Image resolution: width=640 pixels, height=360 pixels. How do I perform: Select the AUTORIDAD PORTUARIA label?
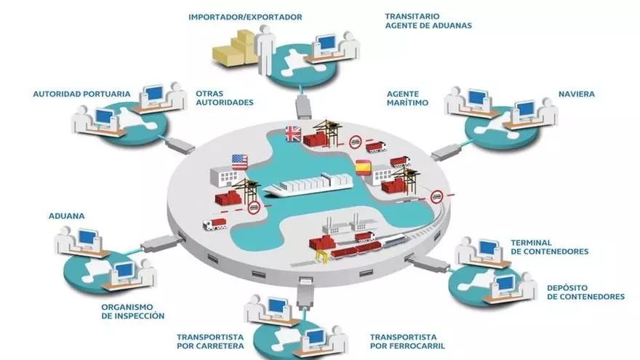(x=81, y=94)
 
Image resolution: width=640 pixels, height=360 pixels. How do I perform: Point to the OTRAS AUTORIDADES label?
(x=224, y=98)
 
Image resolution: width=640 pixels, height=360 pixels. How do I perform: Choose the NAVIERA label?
(x=576, y=94)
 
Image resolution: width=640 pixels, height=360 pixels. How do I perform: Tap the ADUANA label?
(x=66, y=216)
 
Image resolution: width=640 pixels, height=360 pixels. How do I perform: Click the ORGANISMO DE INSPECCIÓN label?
(x=132, y=311)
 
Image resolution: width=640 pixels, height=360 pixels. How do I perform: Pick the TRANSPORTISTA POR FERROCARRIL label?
(x=407, y=341)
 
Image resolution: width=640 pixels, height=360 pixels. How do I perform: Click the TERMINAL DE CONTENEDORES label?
(x=549, y=247)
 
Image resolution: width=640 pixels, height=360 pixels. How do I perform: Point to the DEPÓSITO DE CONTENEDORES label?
(x=585, y=292)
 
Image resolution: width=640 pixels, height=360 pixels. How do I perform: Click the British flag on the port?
(x=292, y=132)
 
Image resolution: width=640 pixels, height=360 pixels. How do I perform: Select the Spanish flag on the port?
(x=362, y=167)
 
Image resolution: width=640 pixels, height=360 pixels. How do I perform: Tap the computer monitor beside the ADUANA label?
(x=87, y=236)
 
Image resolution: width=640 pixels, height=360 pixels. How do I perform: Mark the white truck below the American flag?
(x=215, y=224)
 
